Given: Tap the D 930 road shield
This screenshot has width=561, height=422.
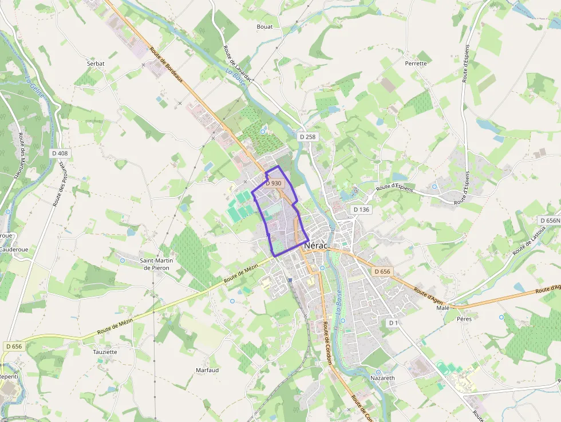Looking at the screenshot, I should click(x=274, y=183).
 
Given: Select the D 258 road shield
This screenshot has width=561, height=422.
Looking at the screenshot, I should click(x=307, y=137).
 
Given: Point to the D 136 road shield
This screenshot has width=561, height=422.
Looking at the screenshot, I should click(x=361, y=210).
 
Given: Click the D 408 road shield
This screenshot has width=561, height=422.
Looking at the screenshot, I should click(x=60, y=153).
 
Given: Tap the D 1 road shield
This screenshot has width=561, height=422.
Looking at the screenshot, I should click(x=393, y=323).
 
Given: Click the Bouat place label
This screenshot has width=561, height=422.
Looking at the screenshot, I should click(x=264, y=26).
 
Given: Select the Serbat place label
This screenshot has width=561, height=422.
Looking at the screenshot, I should click(x=96, y=64).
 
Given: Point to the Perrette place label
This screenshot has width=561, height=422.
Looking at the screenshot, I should click(x=416, y=63).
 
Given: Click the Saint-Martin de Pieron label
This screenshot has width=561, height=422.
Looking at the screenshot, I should click(x=157, y=264).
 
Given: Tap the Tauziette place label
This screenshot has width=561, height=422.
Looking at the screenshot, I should click(x=105, y=352).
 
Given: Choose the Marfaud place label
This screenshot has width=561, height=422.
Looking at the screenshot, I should click(x=207, y=370).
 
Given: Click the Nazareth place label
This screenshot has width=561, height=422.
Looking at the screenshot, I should click(x=382, y=378).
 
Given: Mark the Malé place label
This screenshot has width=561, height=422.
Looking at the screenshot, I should click(x=443, y=307).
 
